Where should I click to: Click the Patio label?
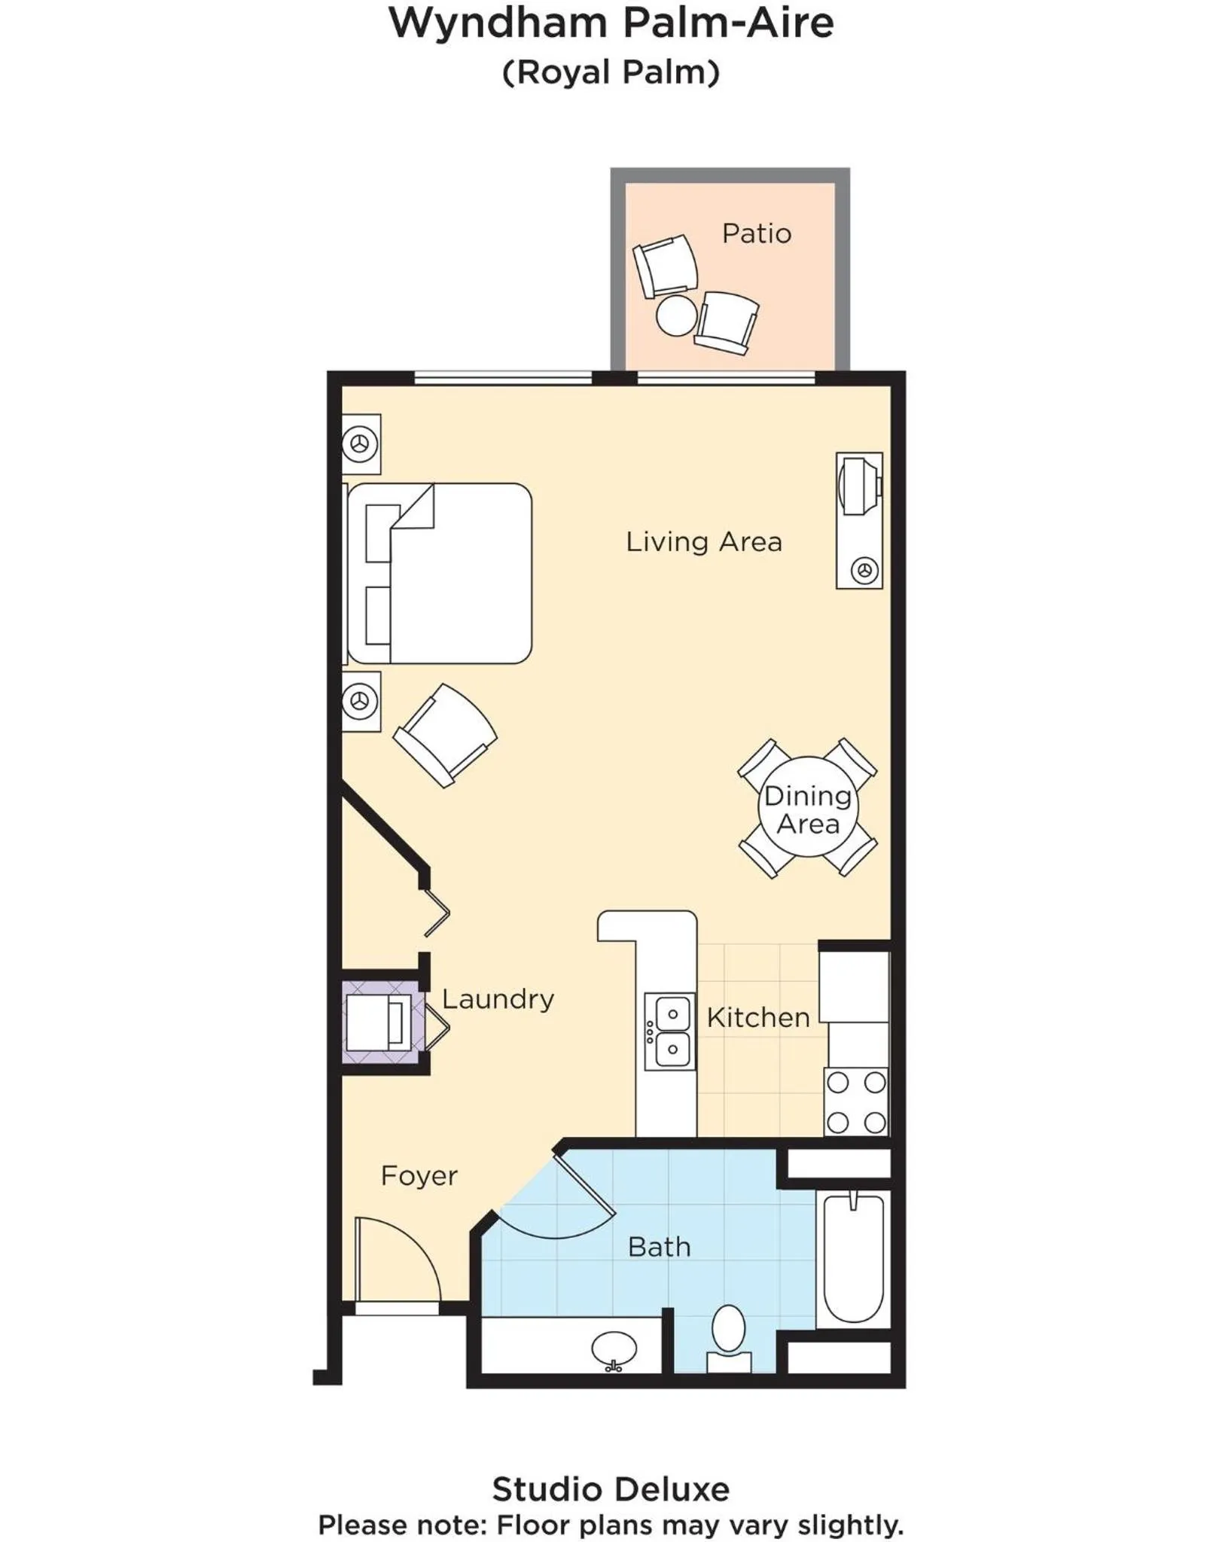click(756, 233)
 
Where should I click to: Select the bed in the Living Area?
click(440, 574)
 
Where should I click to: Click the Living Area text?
click(704, 542)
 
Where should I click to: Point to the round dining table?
click(807, 808)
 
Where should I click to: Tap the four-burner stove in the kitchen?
click(856, 1102)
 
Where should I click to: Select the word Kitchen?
click(758, 1018)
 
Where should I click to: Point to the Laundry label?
click(498, 999)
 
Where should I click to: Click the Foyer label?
click(419, 1176)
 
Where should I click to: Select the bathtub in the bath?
click(853, 1257)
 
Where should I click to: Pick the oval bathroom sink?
click(614, 1350)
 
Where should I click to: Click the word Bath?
click(659, 1248)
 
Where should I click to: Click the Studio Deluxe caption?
click(611, 1490)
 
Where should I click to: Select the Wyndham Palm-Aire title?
click(611, 23)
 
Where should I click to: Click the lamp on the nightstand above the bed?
click(360, 444)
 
